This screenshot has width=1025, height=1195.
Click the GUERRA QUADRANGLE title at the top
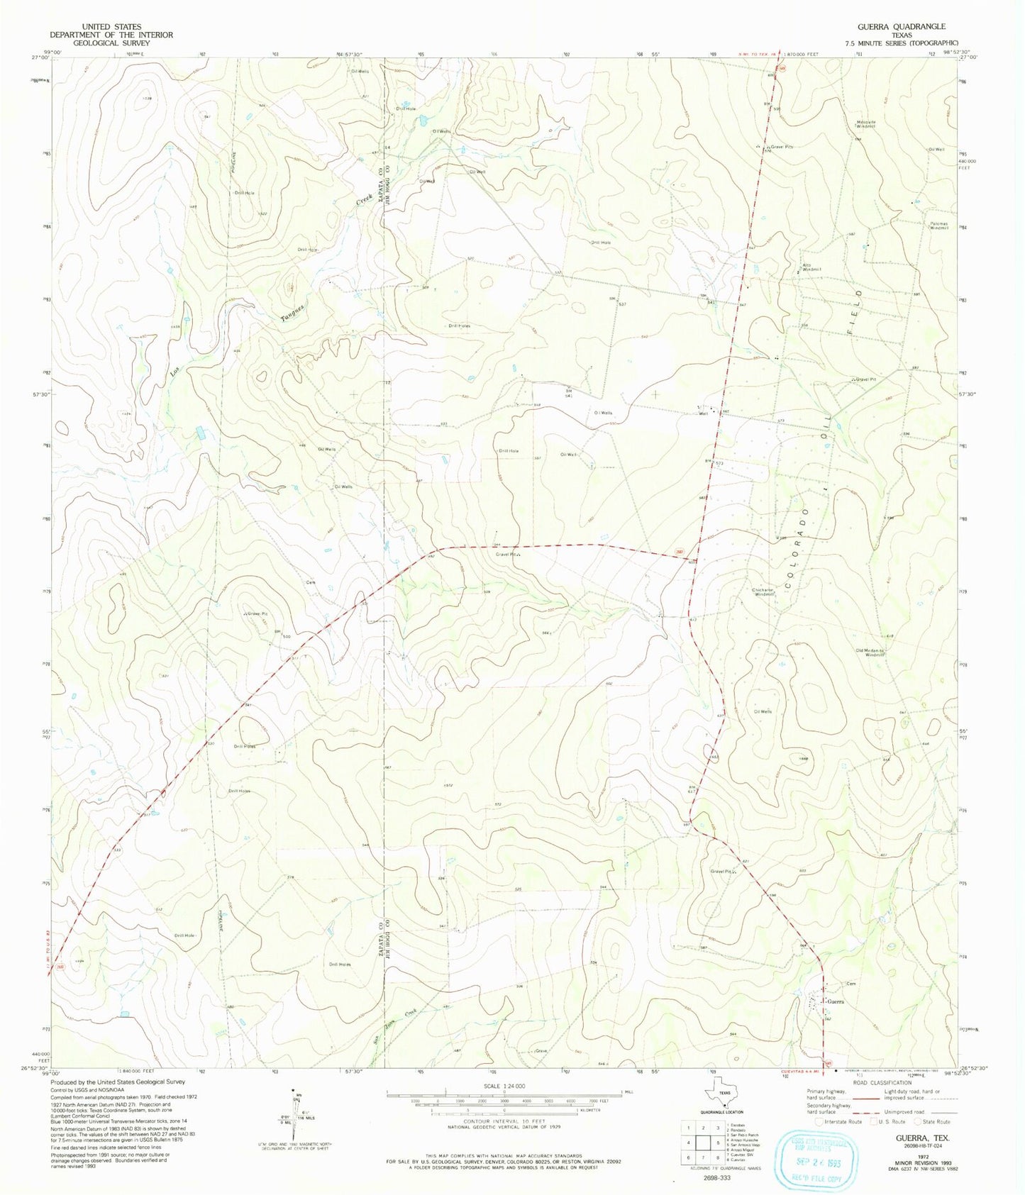(x=901, y=26)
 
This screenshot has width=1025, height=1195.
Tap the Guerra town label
(x=834, y=1001)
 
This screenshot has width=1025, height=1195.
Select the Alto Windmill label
(x=811, y=267)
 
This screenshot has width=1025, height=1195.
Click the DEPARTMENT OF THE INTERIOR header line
(x=111, y=35)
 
